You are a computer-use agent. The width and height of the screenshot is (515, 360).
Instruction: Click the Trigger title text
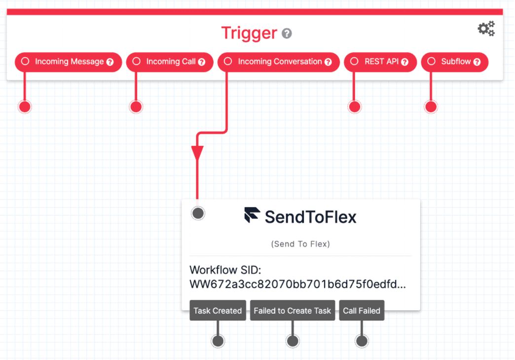pyautogui.click(x=249, y=33)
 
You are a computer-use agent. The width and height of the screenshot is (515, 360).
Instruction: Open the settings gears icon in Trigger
pyautogui.click(x=486, y=29)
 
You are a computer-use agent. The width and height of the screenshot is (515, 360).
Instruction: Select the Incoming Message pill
pyautogui.click(x=69, y=62)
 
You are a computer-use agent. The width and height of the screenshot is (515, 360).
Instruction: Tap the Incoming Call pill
pyautogui.click(x=170, y=62)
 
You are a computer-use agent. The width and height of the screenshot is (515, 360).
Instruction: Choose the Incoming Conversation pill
pyautogui.click(x=279, y=62)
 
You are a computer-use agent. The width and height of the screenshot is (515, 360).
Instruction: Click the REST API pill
pyautogui.click(x=380, y=62)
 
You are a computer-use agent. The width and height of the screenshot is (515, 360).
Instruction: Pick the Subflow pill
pyautogui.click(x=454, y=62)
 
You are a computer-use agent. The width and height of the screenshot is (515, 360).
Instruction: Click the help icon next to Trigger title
pyautogui.click(x=287, y=34)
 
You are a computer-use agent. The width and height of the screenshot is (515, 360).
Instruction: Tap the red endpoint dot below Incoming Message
pyautogui.click(x=25, y=107)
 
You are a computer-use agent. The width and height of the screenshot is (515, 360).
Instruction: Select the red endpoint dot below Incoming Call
pyautogui.click(x=136, y=107)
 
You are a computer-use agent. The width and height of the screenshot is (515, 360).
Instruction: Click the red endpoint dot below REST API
pyautogui.click(x=354, y=107)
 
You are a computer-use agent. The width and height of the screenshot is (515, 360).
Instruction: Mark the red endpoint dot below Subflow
pyautogui.click(x=431, y=107)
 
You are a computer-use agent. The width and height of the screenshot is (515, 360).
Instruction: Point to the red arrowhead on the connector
pyautogui.click(x=197, y=153)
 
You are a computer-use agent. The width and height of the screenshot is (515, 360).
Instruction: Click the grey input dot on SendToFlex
pyautogui.click(x=198, y=213)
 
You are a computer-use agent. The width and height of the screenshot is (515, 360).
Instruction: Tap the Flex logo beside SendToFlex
pyautogui.click(x=252, y=216)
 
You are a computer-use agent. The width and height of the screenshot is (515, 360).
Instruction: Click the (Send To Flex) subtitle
pyautogui.click(x=300, y=244)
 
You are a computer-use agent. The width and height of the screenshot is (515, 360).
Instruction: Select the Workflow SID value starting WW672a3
pyautogui.click(x=297, y=285)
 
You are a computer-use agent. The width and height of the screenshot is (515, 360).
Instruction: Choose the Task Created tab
pyautogui.click(x=218, y=311)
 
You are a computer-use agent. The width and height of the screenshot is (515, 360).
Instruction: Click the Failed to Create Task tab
pyautogui.click(x=293, y=311)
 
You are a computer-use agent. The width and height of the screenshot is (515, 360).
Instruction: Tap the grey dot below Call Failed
pyautogui.click(x=362, y=341)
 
